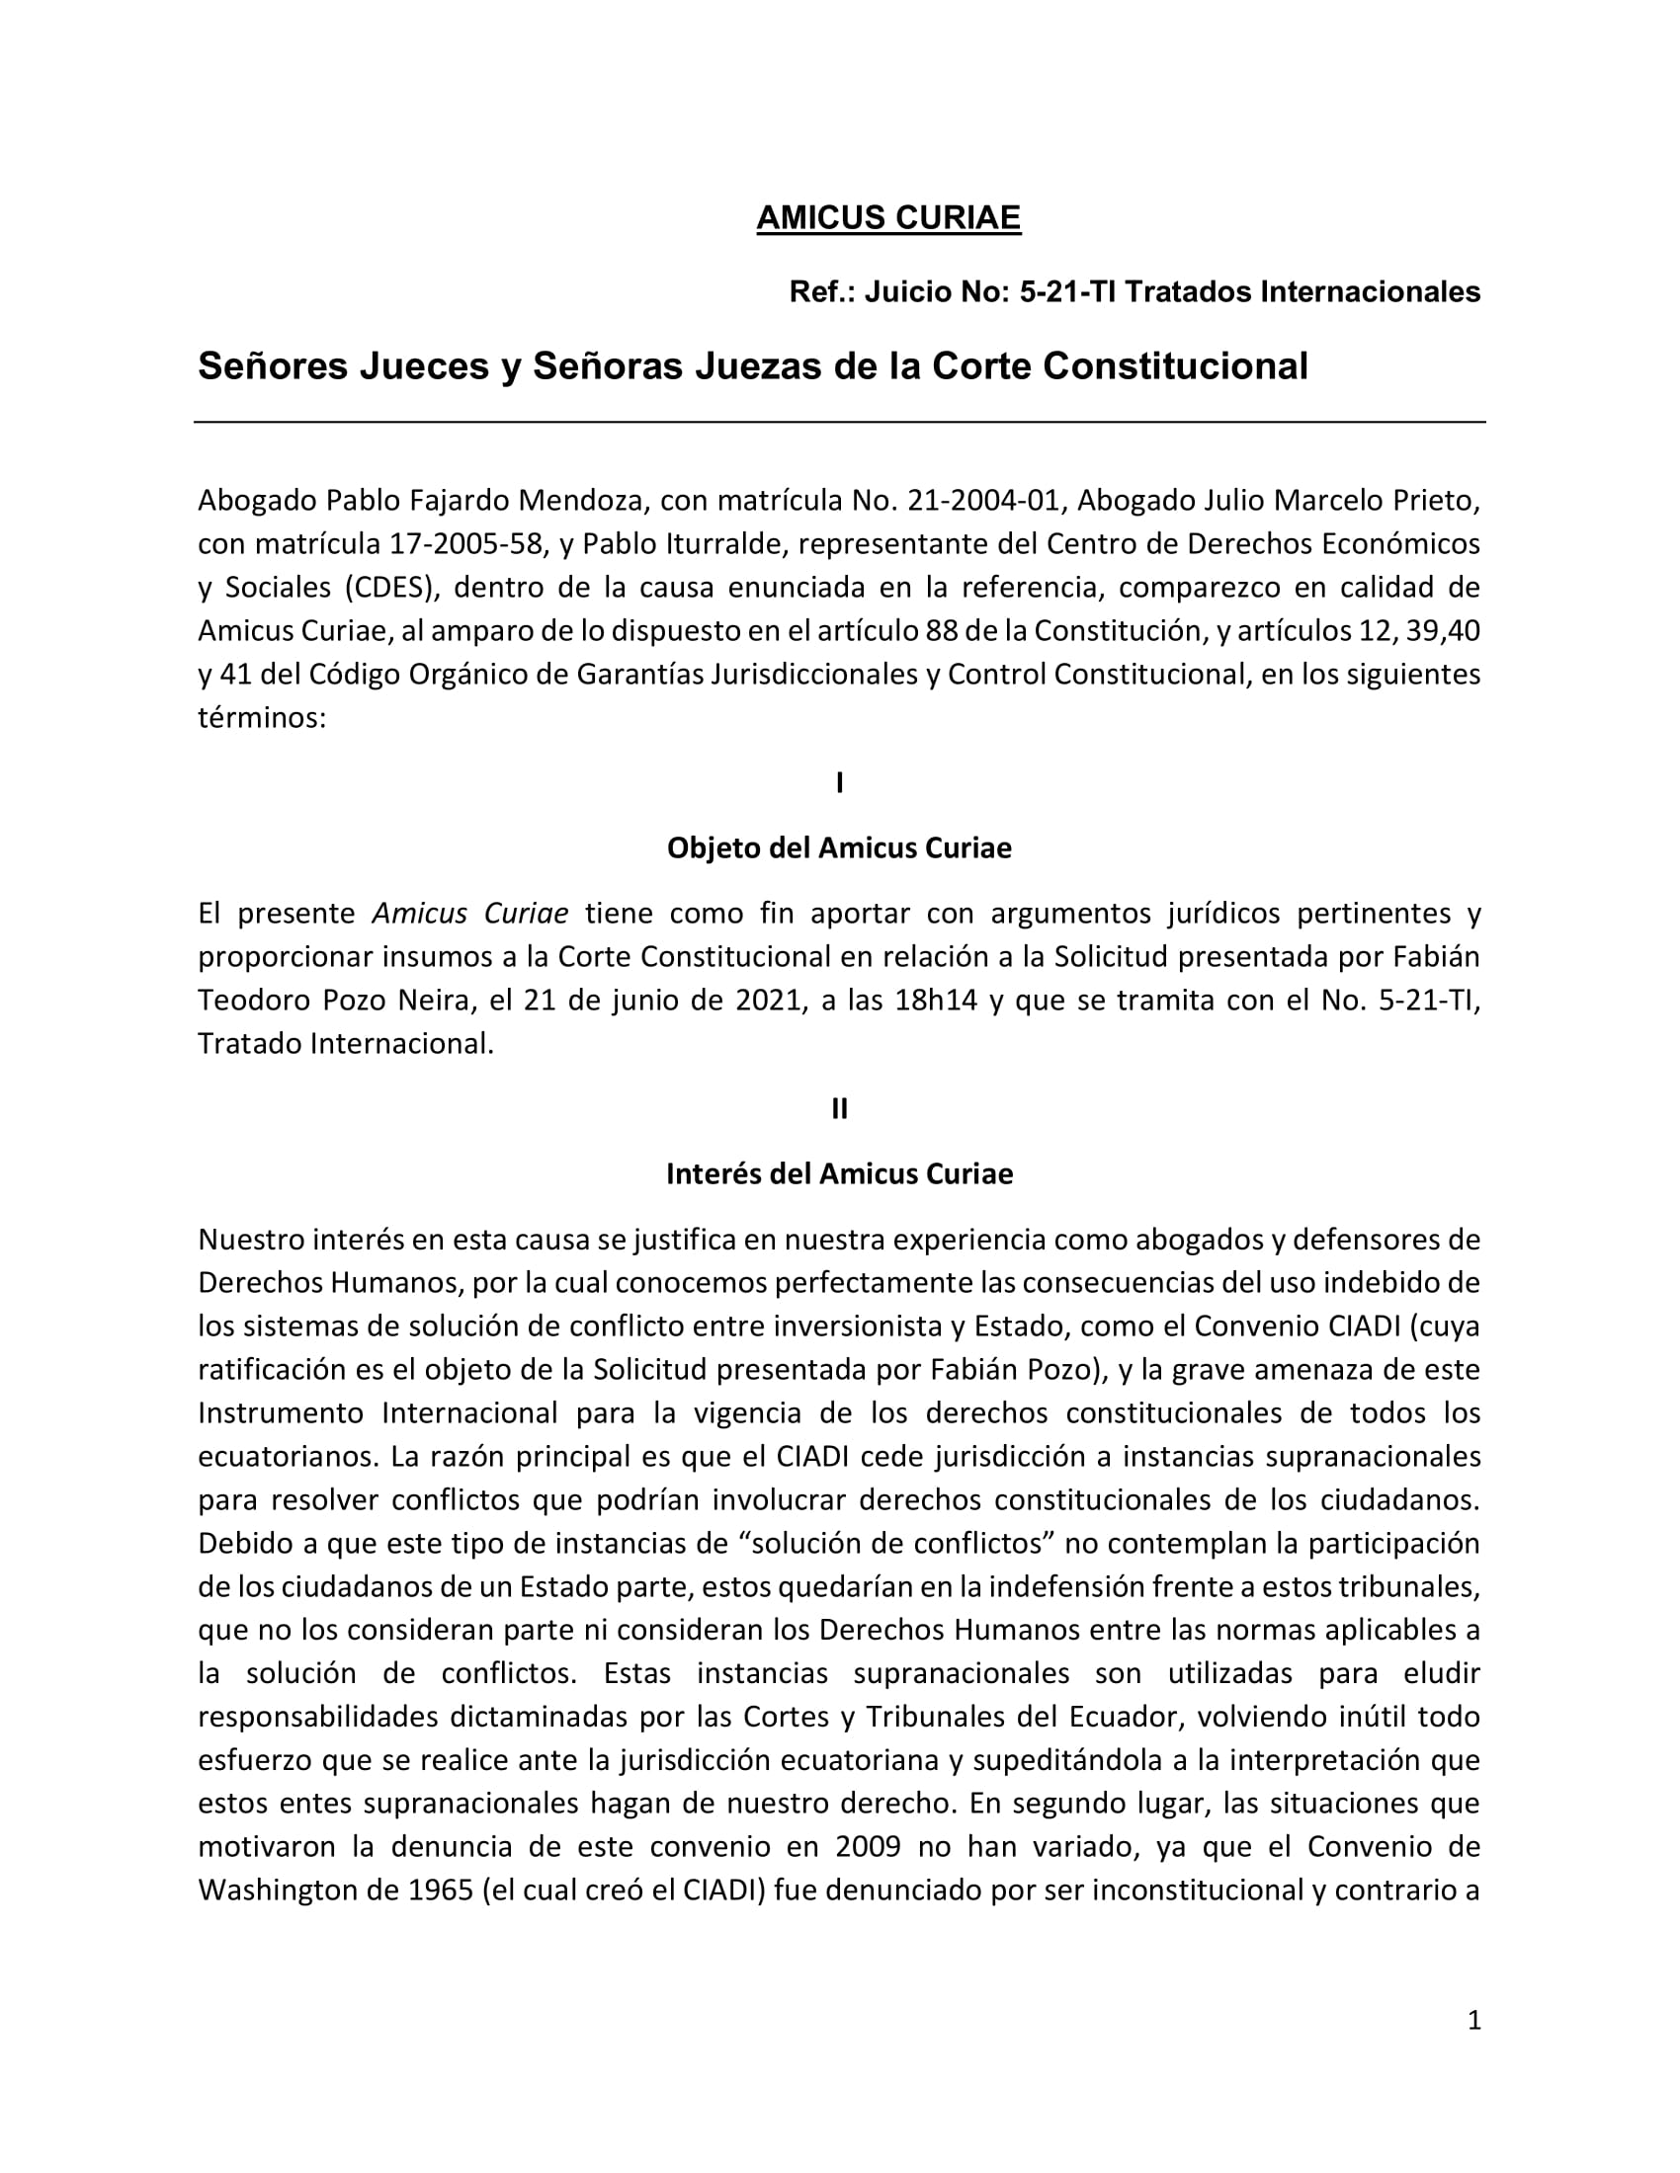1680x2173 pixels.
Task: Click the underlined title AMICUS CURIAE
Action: click(x=887, y=218)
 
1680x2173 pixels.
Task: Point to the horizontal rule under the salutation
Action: click(x=839, y=422)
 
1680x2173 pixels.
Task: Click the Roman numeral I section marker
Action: click(x=839, y=783)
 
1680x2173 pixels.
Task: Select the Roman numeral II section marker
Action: click(x=839, y=1108)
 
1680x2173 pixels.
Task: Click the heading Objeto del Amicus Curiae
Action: click(x=839, y=847)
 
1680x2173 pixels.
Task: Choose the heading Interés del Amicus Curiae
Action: click(x=839, y=1174)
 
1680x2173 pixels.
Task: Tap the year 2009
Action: click(x=868, y=1847)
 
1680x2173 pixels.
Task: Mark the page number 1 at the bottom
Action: click(x=1474, y=2020)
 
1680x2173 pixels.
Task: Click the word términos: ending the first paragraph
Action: click(x=262, y=718)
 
